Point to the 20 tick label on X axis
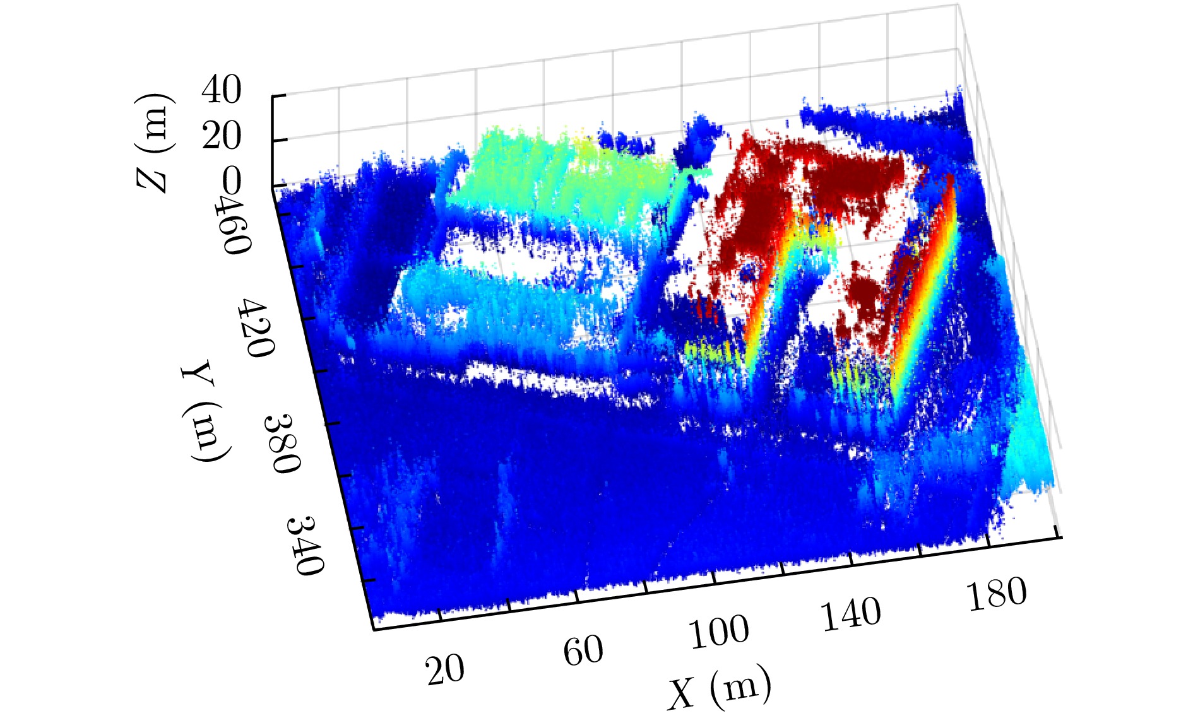click(x=445, y=669)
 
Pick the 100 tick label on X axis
click(x=719, y=632)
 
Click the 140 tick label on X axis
click(x=851, y=613)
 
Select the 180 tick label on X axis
click(x=996, y=594)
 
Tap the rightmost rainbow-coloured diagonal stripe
click(x=925, y=284)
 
